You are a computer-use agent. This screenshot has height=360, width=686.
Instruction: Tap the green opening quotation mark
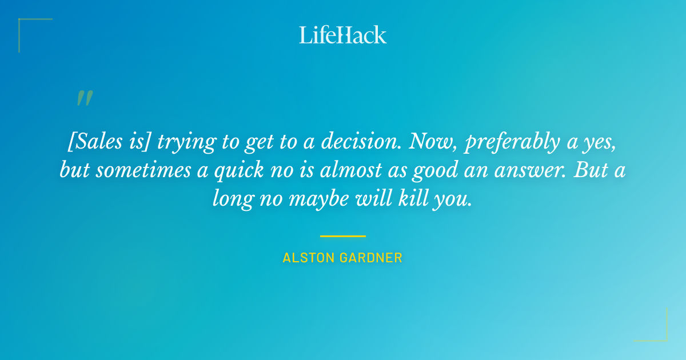tap(84, 99)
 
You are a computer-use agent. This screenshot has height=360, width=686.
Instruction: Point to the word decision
tap(355, 141)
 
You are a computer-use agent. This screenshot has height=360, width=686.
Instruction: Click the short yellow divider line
tap(343, 235)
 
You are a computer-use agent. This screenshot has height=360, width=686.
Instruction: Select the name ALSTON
tap(309, 258)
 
